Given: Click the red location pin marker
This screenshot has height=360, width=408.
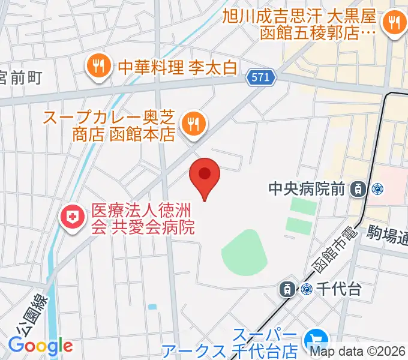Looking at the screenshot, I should (x=205, y=176).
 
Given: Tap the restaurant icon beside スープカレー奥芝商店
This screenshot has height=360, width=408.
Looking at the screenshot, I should (x=193, y=124).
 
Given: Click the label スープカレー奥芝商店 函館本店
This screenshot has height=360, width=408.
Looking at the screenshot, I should (x=108, y=125).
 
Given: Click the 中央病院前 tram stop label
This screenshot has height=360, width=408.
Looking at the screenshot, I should (x=307, y=190).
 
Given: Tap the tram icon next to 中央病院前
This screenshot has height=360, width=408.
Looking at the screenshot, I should (x=358, y=190).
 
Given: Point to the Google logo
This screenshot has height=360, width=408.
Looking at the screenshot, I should (x=40, y=346).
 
